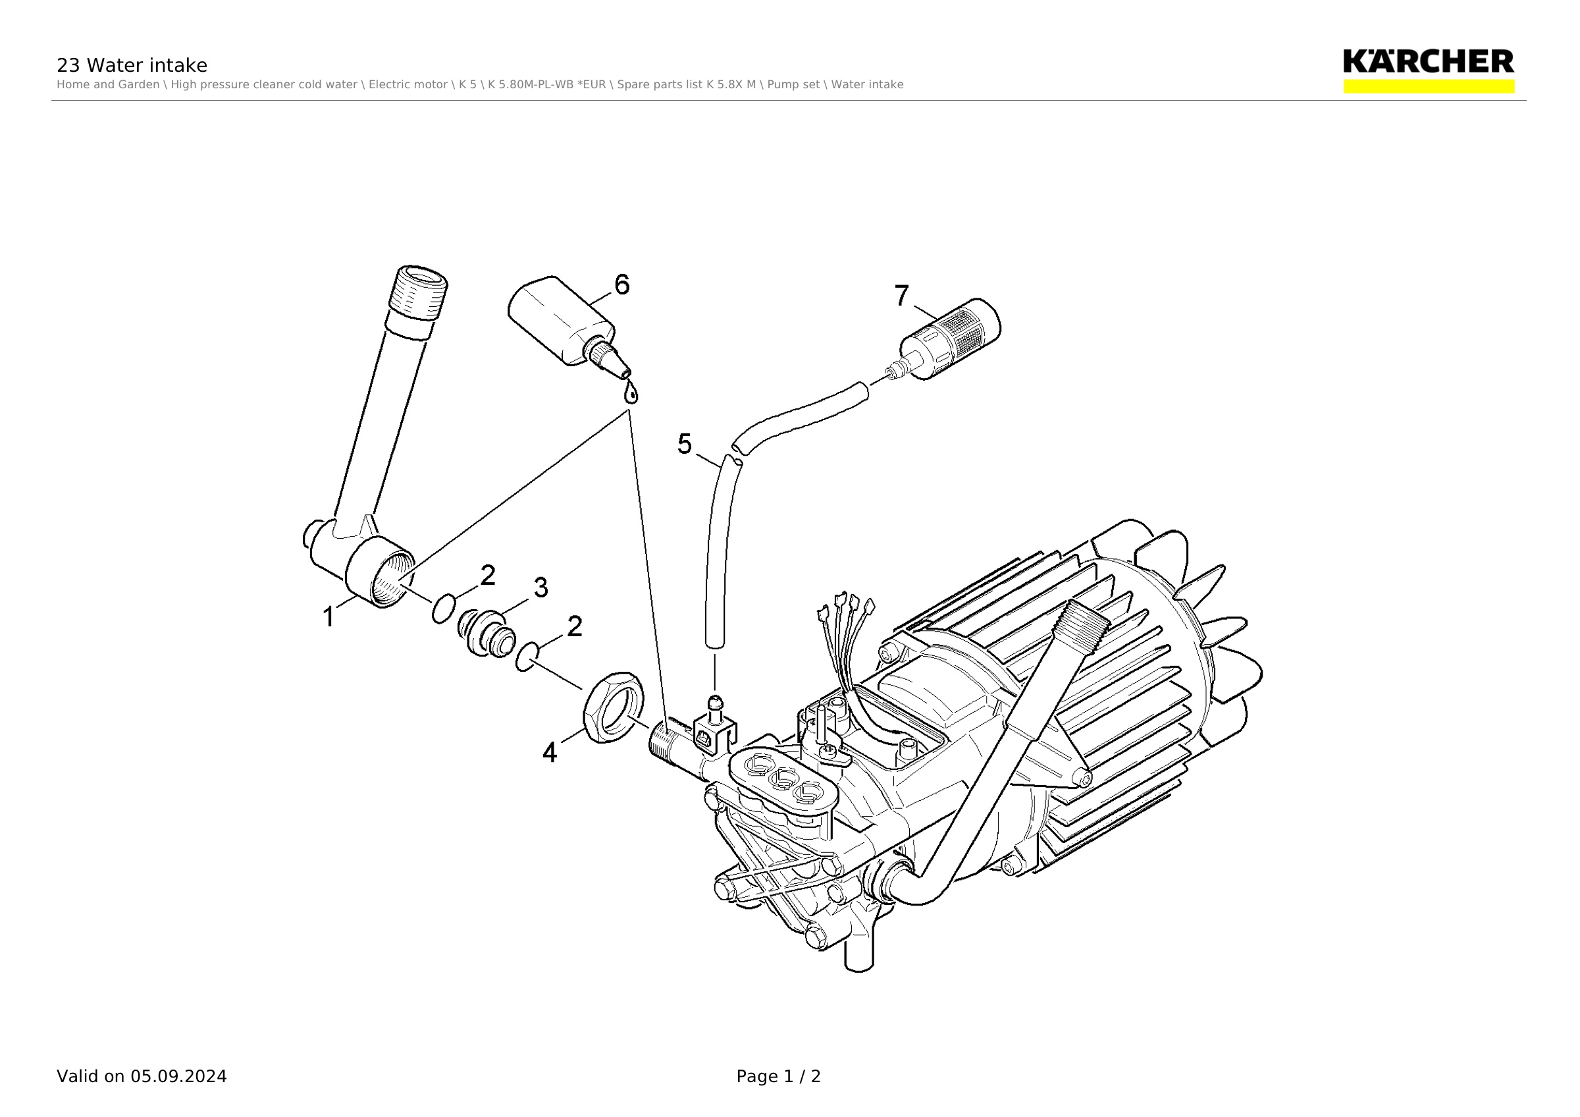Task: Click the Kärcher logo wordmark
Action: pyautogui.click(x=1429, y=61)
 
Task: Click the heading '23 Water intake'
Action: pyautogui.click(x=132, y=65)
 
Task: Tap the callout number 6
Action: pyautogui.click(x=621, y=285)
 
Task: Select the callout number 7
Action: pyautogui.click(x=901, y=295)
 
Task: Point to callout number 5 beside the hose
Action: pyautogui.click(x=684, y=444)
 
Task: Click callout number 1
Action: pyautogui.click(x=329, y=616)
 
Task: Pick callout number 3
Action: pyautogui.click(x=541, y=587)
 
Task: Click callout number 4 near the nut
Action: pyautogui.click(x=549, y=752)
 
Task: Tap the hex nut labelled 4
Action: pyautogui.click(x=613, y=707)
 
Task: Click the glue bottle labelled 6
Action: pyautogui.click(x=568, y=326)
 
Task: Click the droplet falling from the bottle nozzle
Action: pyautogui.click(x=630, y=394)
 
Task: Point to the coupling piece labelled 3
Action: pyautogui.click(x=487, y=632)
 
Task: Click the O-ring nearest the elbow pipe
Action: pyautogui.click(x=443, y=609)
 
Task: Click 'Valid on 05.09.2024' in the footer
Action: pyautogui.click(x=142, y=1076)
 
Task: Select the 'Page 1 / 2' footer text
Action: pyautogui.click(x=778, y=1076)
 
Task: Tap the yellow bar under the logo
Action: pyautogui.click(x=1429, y=87)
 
